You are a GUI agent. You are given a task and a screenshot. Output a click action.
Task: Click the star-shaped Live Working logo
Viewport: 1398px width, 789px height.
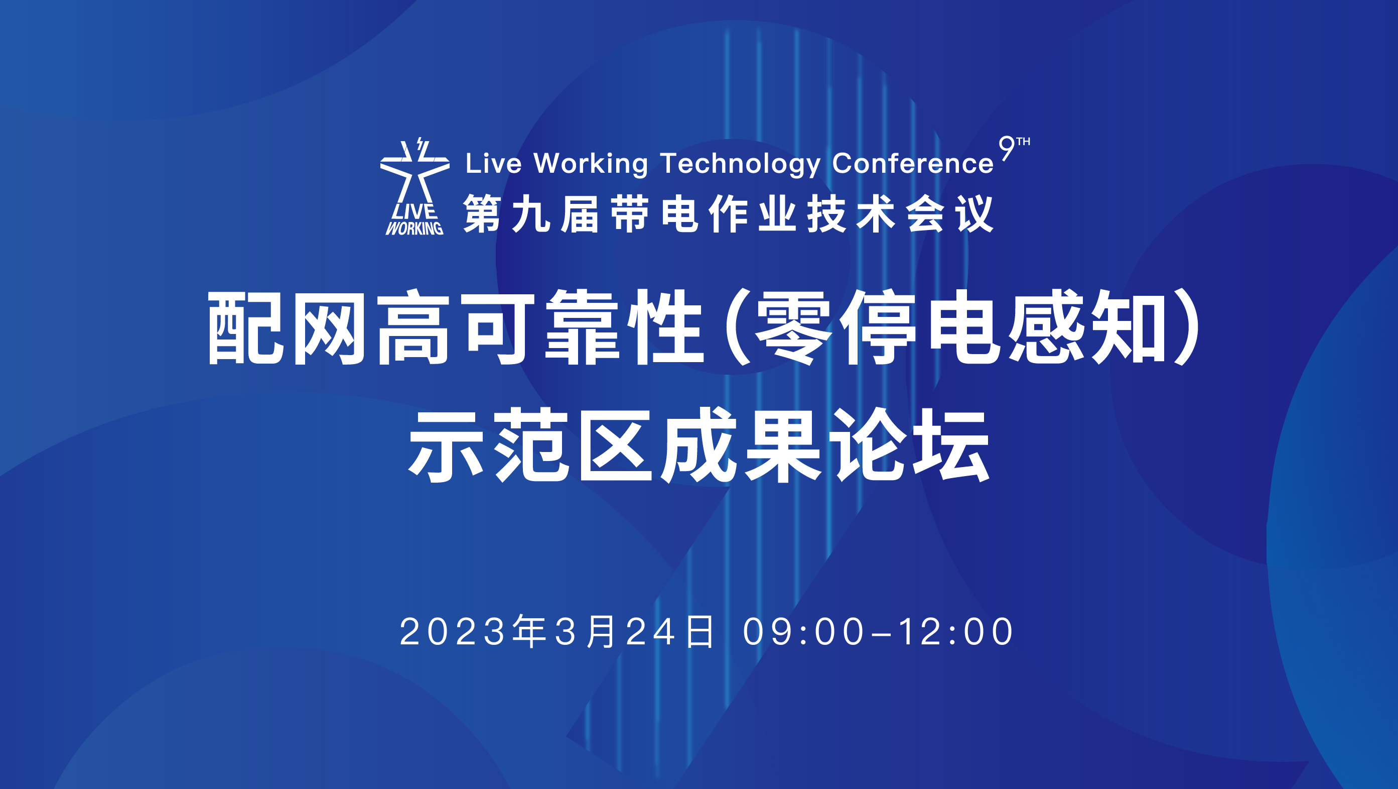[x=415, y=187]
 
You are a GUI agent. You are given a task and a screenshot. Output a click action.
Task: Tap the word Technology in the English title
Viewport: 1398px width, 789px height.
[x=740, y=164]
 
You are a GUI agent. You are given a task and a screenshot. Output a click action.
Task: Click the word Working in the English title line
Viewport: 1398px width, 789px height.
[x=591, y=164]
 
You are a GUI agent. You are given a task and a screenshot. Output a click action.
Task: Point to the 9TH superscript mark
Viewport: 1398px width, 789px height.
[x=1014, y=148]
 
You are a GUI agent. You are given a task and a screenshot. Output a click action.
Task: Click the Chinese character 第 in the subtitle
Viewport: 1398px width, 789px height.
[x=482, y=214]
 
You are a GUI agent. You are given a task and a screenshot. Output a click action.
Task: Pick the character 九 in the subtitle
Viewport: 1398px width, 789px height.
[x=531, y=214]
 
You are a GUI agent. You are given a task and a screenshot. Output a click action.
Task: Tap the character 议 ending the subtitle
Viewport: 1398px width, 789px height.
[x=974, y=214]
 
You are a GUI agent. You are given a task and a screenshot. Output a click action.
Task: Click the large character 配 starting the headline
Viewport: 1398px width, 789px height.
[x=245, y=328]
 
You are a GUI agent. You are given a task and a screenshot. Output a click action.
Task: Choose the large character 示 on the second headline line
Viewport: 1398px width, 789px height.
[x=446, y=445]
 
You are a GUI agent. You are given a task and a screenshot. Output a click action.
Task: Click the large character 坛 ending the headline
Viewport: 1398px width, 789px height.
[x=952, y=445]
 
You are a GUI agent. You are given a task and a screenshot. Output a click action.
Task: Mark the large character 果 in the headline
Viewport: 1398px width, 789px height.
[x=783, y=445]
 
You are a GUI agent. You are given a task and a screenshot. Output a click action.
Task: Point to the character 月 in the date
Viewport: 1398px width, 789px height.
[x=601, y=631]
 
